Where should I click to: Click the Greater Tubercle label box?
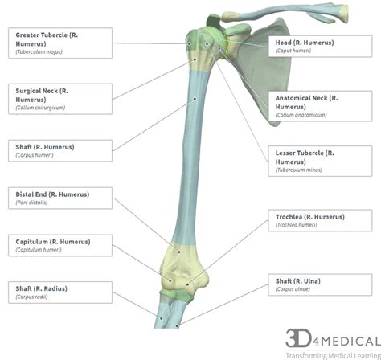(x=58, y=42)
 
